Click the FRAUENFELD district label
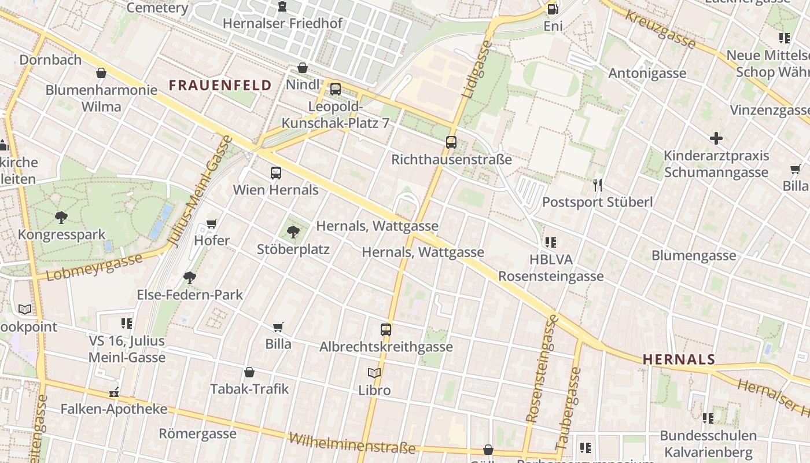click(220, 85)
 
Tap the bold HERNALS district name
click(679, 359)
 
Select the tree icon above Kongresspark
click(61, 218)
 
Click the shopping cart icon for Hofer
click(212, 224)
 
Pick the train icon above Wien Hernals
click(276, 172)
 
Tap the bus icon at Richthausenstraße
click(451, 142)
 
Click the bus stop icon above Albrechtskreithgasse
click(386, 330)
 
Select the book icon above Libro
click(374, 373)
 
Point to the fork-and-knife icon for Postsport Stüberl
click(598, 185)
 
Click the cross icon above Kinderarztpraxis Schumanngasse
click(716, 138)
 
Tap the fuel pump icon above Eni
click(553, 9)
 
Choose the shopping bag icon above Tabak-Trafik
click(249, 372)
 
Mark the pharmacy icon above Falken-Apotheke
click(114, 392)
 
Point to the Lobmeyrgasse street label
click(94, 266)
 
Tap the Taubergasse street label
click(568, 408)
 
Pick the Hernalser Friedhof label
click(282, 24)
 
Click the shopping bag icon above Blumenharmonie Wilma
click(101, 73)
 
